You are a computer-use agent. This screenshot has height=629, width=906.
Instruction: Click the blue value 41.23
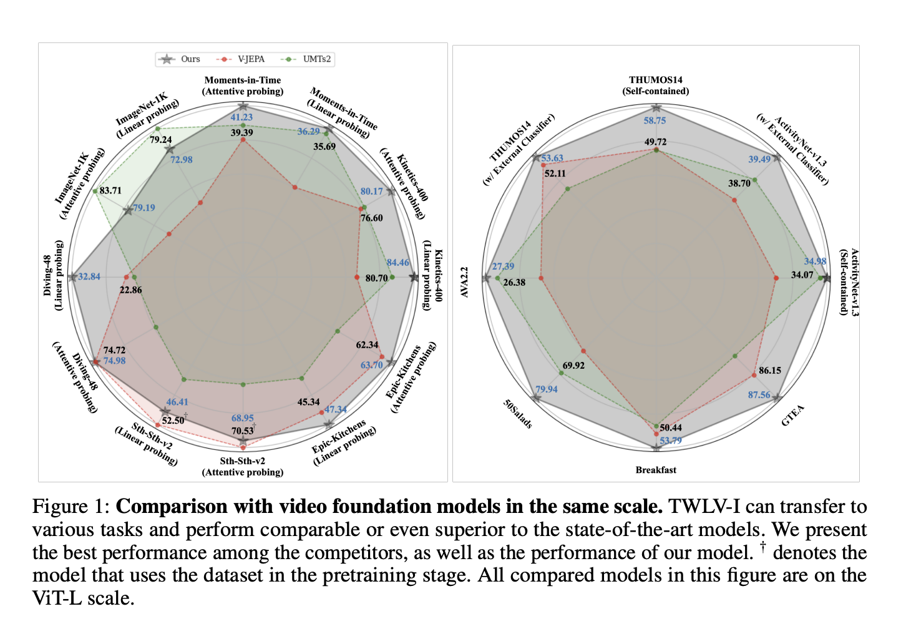click(241, 117)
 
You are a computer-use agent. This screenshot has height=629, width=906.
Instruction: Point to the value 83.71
click(110, 190)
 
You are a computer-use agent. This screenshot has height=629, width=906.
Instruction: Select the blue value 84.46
click(397, 263)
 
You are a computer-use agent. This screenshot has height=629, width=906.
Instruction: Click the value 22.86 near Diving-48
click(130, 290)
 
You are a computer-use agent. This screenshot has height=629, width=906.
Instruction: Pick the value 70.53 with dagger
click(242, 431)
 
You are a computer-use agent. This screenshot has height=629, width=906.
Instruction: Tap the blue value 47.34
click(335, 409)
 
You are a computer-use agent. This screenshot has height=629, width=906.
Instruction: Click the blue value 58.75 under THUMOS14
click(655, 120)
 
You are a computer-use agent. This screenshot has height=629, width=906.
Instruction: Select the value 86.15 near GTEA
click(769, 370)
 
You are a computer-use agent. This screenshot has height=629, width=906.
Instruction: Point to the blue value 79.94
click(546, 389)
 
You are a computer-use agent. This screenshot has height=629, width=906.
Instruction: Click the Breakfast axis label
click(655, 470)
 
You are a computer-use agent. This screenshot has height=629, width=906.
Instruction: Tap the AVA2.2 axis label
click(464, 282)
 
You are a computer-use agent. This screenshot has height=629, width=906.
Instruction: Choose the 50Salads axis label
click(518, 414)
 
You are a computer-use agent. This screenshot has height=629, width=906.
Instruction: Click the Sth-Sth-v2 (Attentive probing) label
click(242, 467)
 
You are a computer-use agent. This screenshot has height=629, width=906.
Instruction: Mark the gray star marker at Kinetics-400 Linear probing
click(414, 277)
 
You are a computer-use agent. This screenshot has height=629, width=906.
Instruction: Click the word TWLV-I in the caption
click(703, 506)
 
